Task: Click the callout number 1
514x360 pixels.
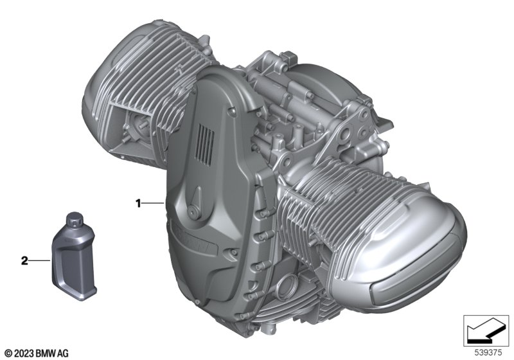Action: point(138,204)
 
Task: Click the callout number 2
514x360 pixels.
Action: point(24,261)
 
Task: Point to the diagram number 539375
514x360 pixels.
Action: point(488,353)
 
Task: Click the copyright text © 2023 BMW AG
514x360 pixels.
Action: point(37,354)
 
